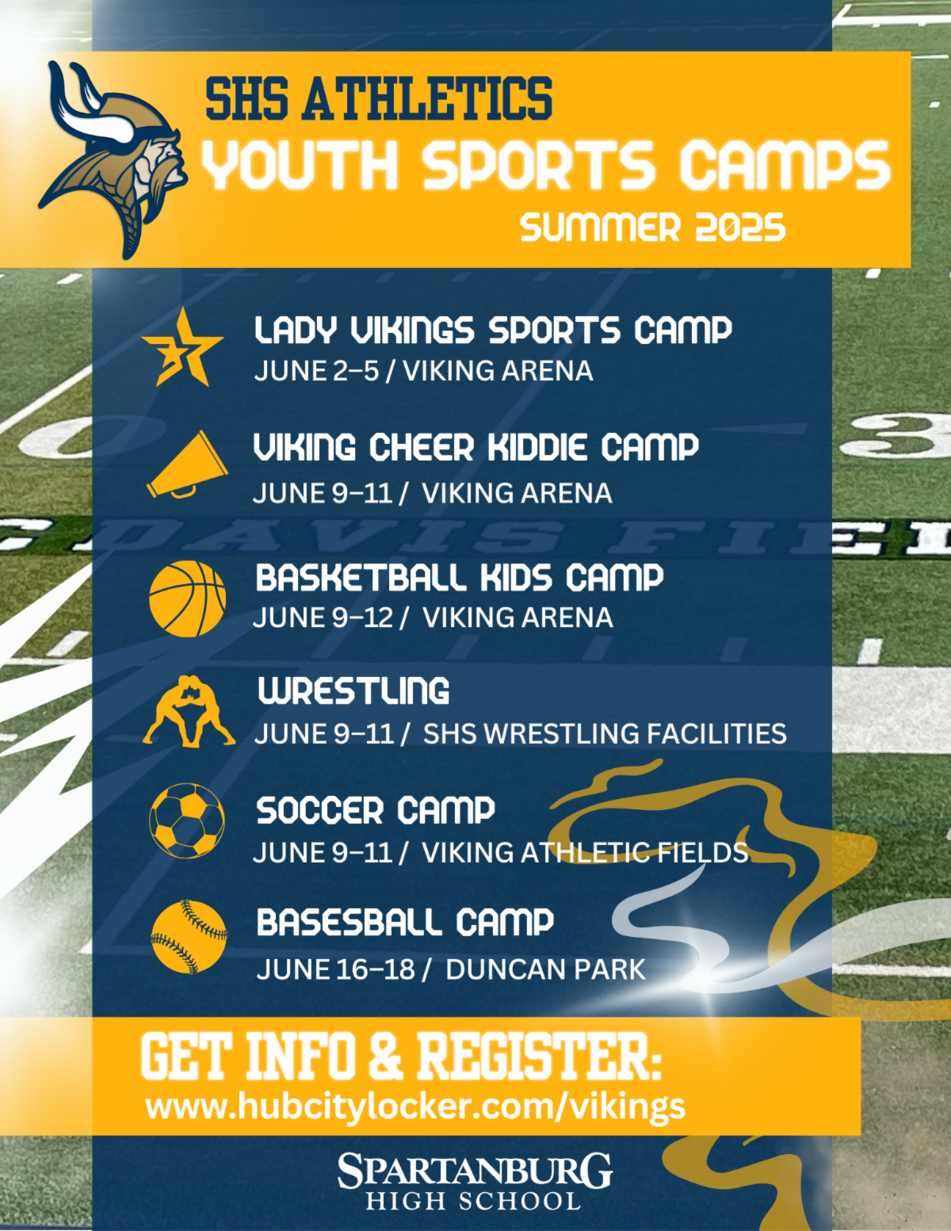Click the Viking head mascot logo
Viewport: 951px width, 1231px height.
pyautogui.click(x=113, y=159)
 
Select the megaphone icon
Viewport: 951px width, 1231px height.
pyautogui.click(x=188, y=465)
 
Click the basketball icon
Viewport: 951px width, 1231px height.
pyautogui.click(x=188, y=598)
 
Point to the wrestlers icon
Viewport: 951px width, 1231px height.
pyautogui.click(x=189, y=711)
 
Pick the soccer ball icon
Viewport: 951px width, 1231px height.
pyautogui.click(x=187, y=821)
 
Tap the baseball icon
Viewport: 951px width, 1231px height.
pyautogui.click(x=189, y=937)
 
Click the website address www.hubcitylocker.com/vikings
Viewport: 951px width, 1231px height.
pyautogui.click(x=416, y=1107)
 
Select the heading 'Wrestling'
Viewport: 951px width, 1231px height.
pyautogui.click(x=353, y=690)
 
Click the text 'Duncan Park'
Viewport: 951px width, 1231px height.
pyautogui.click(x=545, y=969)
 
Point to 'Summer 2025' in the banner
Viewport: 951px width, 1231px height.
pyautogui.click(x=653, y=227)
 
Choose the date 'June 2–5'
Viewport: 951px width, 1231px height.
pyautogui.click(x=316, y=371)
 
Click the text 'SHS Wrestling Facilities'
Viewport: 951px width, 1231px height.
pyautogui.click(x=605, y=734)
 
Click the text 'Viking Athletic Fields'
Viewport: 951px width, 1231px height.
pyautogui.click(x=585, y=852)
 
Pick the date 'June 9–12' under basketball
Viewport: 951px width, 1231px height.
pyautogui.click(x=323, y=617)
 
